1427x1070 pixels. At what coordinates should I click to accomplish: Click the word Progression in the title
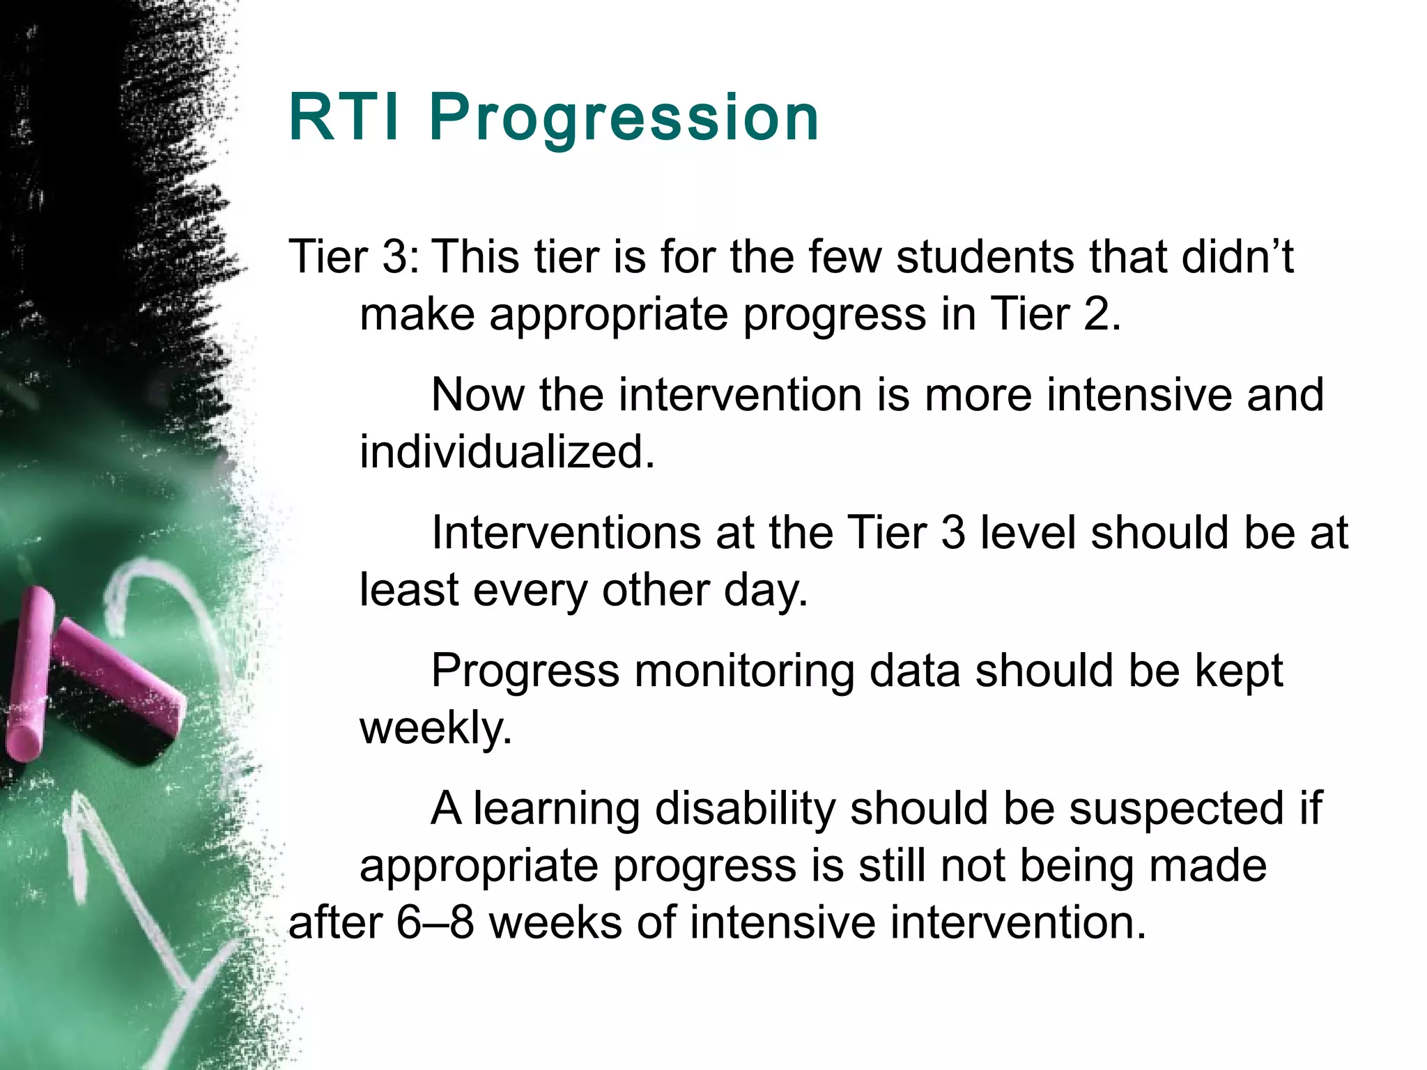coord(624,118)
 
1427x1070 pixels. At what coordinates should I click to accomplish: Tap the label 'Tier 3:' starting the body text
coord(354,256)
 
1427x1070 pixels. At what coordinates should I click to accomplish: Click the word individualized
coord(507,452)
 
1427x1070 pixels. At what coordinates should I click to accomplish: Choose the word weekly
coord(435,729)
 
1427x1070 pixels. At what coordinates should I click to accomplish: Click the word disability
coord(744,809)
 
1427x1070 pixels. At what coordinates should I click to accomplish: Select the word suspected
coord(1176,809)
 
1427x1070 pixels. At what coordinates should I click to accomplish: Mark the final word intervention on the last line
coord(1016,923)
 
